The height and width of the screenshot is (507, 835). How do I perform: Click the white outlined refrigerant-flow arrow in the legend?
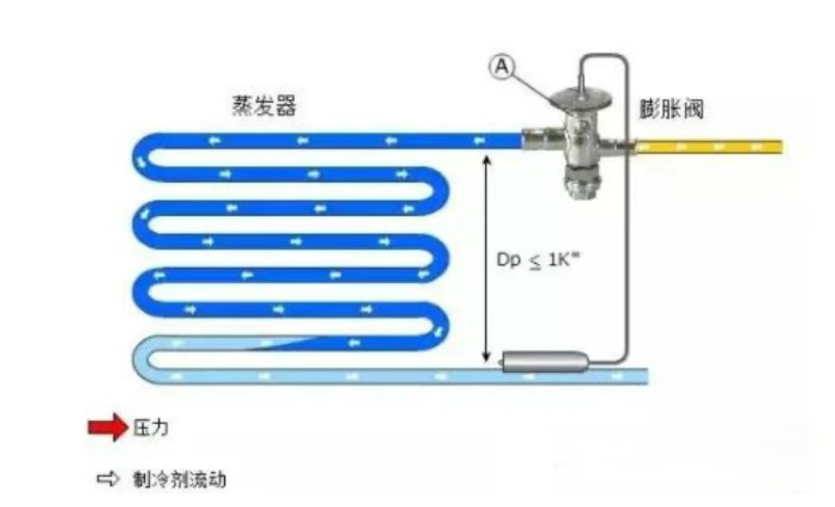(107, 480)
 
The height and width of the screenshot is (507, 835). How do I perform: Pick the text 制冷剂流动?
(178, 480)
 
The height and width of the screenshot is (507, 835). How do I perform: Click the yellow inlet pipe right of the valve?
(710, 147)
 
